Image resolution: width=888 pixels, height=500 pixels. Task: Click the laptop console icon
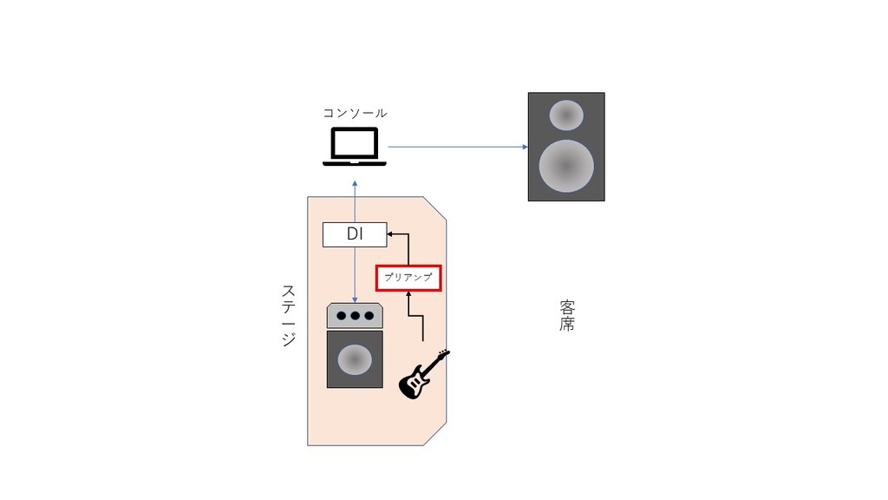point(355,146)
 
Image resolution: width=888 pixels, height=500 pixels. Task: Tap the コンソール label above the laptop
point(355,114)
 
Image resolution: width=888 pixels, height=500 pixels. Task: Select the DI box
point(355,234)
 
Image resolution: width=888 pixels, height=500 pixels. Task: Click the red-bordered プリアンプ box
point(408,278)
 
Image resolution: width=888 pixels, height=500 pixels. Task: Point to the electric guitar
point(423,374)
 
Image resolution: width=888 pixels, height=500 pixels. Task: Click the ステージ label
point(288,315)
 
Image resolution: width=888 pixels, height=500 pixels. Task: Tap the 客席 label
point(567,316)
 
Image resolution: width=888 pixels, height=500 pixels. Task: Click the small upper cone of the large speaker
point(566,115)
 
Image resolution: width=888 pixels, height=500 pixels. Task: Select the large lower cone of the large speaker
point(566,166)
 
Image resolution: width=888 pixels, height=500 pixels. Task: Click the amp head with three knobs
point(355,316)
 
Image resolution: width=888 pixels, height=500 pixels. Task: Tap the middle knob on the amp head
point(355,316)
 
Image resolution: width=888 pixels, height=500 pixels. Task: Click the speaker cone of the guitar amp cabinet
point(355,359)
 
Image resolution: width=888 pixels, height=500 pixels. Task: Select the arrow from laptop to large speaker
point(458,147)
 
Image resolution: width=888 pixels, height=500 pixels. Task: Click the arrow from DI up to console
point(355,201)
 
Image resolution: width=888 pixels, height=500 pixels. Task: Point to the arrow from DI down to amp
point(355,275)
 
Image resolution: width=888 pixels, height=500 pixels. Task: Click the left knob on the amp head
point(341,316)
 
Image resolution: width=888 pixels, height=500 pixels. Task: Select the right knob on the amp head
point(369,316)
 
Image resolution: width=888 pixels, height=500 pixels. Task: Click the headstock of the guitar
point(443,354)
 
